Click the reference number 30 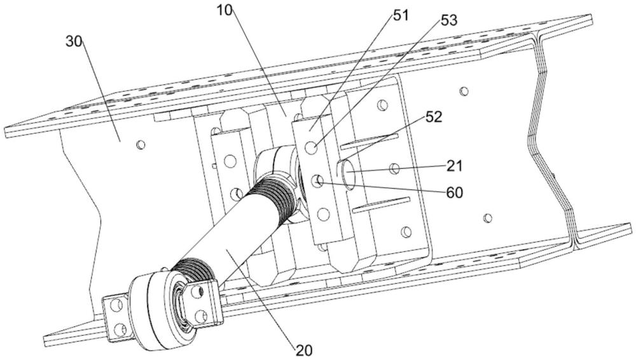[x=74, y=43]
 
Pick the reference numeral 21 [x=454, y=166]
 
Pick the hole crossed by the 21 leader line [x=394, y=169]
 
